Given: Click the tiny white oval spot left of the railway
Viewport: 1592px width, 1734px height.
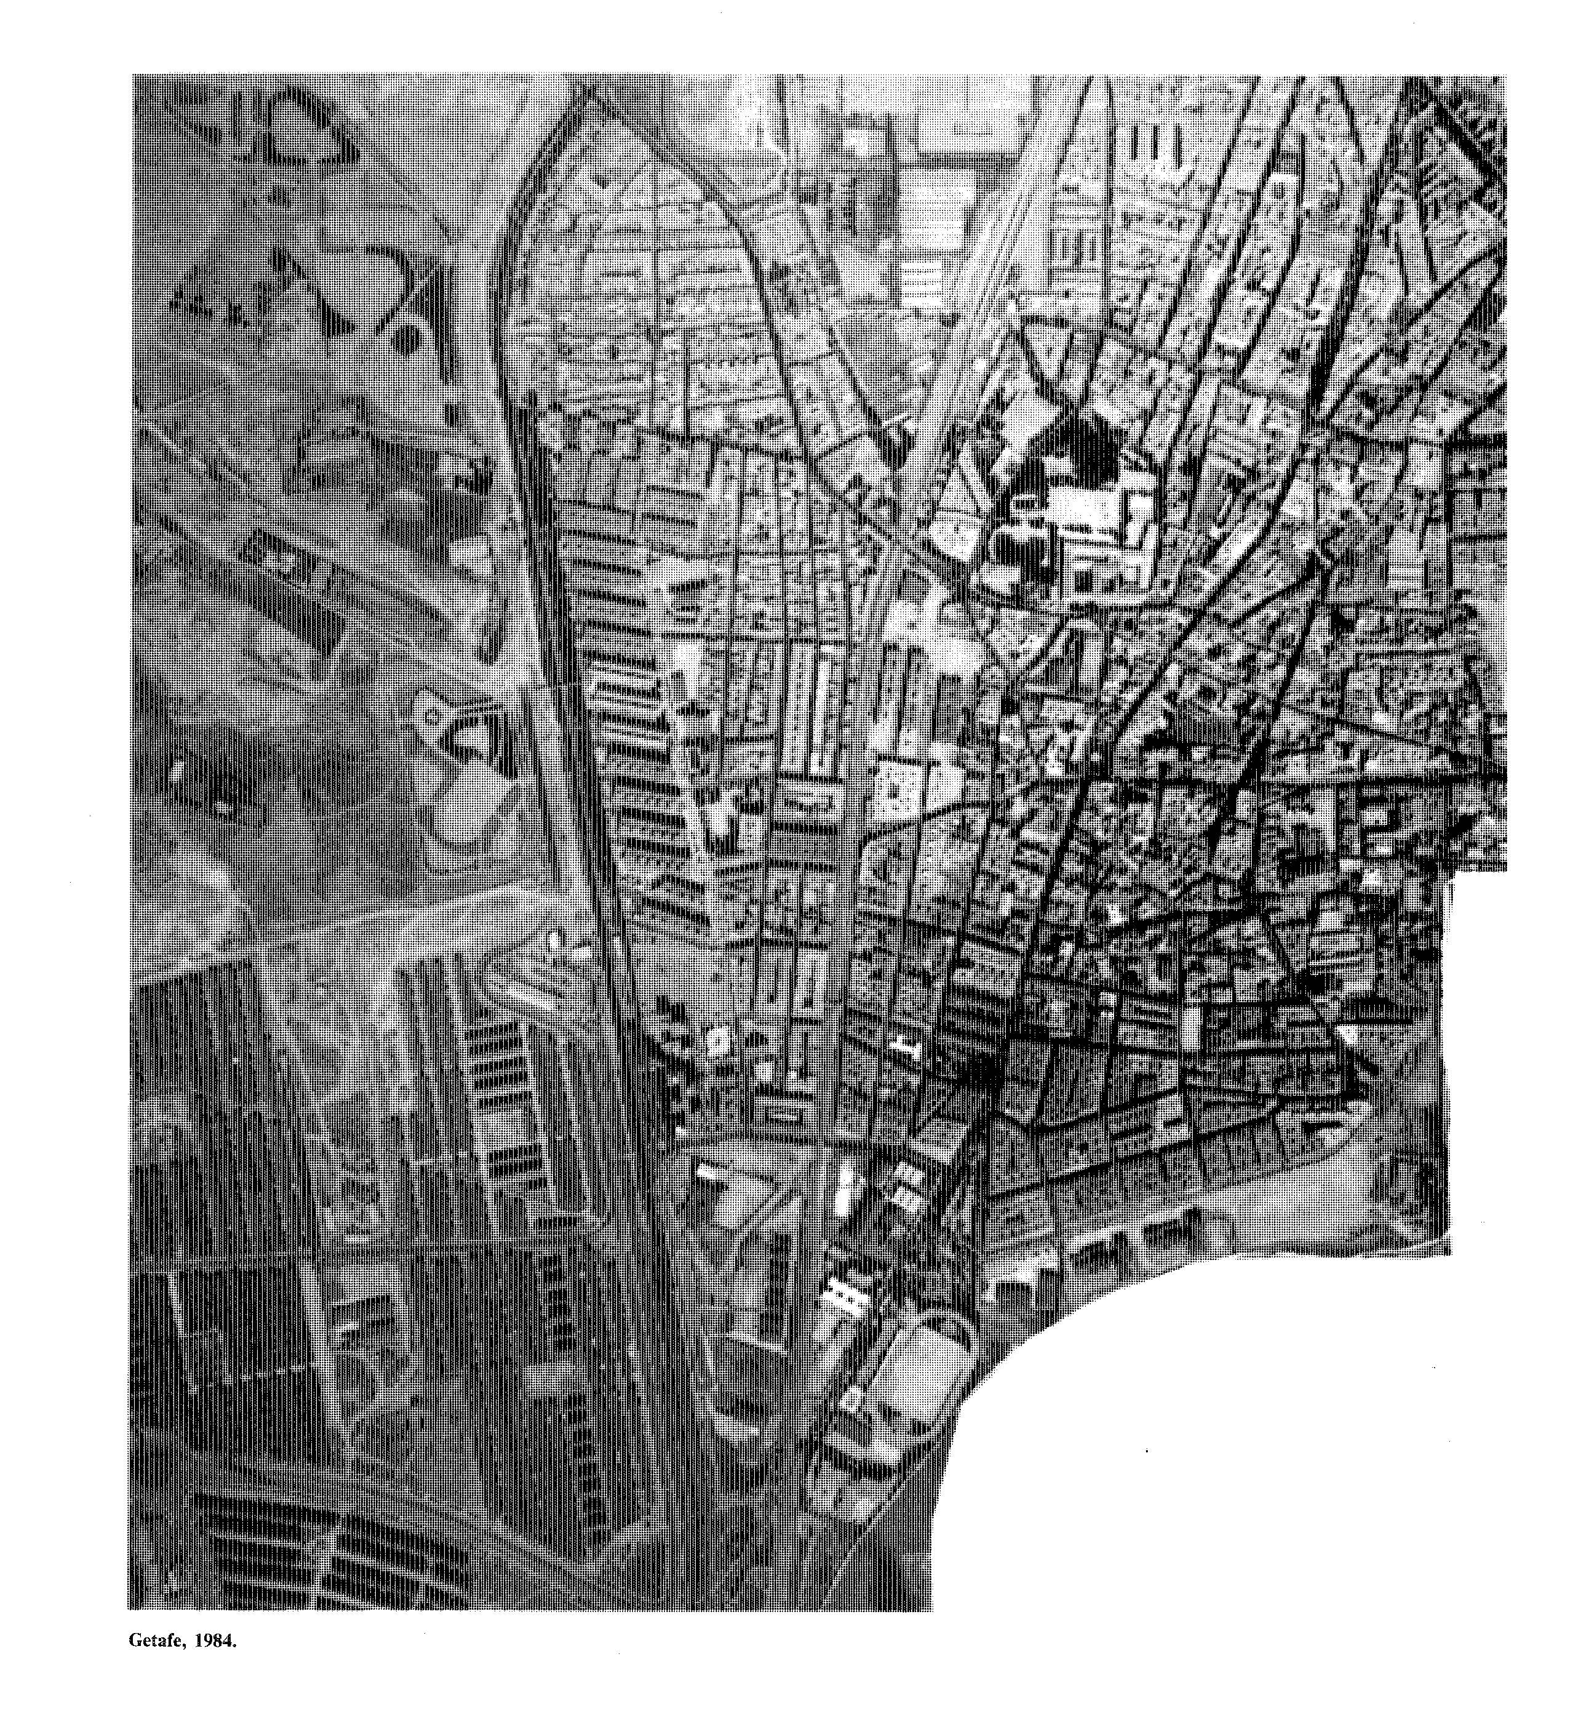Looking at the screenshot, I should [554, 939].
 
